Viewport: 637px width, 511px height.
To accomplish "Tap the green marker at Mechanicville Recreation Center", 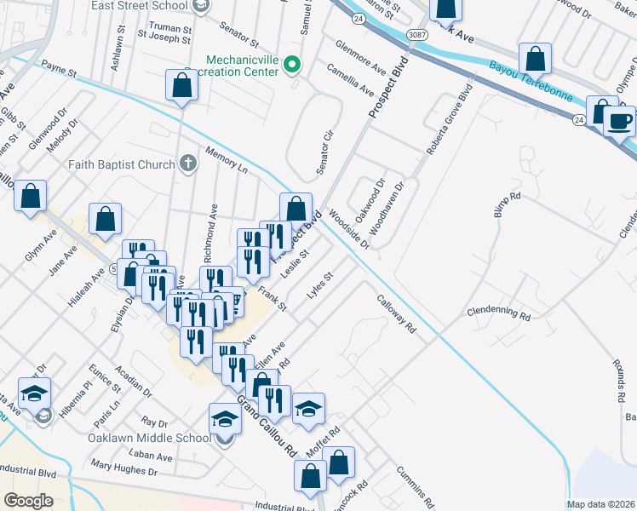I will tap(293, 65).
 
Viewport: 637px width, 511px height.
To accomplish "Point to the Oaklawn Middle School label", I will tap(148, 439).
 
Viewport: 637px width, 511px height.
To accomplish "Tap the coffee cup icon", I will tap(620, 121).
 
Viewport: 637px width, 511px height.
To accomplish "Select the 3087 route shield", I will tap(416, 35).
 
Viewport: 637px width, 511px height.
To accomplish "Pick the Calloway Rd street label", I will tap(396, 313).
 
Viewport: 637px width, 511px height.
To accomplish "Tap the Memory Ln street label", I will tap(226, 160).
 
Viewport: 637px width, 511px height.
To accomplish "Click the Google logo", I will tap(29, 501).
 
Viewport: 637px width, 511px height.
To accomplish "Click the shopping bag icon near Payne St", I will tap(181, 85).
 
